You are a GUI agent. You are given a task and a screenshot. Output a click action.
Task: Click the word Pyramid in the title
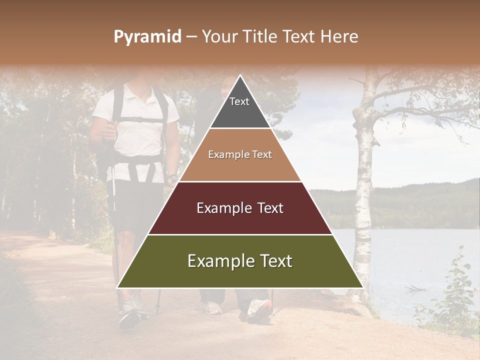(x=147, y=37)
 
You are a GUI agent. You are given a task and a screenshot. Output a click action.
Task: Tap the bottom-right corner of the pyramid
(x=362, y=287)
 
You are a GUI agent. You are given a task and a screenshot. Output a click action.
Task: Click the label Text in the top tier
(x=239, y=101)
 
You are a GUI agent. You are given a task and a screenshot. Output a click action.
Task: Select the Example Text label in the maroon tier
(x=240, y=208)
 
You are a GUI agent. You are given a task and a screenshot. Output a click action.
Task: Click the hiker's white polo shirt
(x=137, y=135)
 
